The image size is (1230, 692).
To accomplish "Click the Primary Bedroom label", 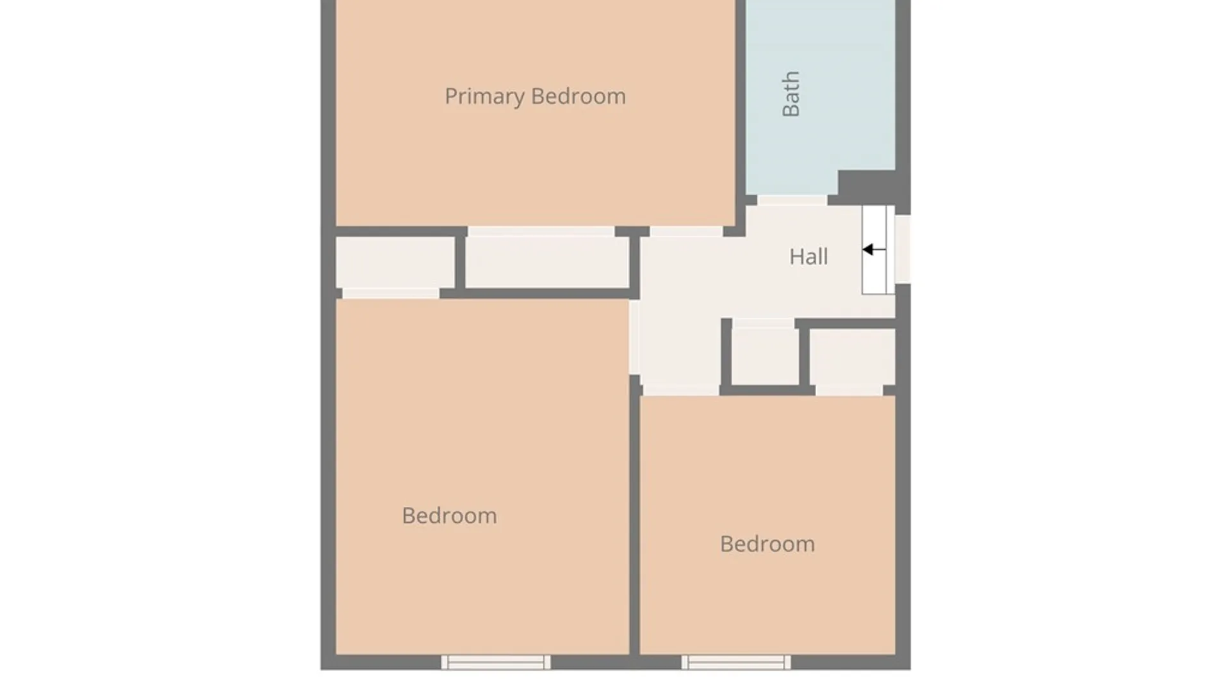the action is pos(535,97).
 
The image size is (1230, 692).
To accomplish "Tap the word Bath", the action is pos(791,94).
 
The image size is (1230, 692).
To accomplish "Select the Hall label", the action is pos(808,257).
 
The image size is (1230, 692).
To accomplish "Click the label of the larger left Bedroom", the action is pos(449,516).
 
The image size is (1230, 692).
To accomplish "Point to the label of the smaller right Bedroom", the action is pos(767,544).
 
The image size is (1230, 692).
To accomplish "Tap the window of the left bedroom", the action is pos(496,663).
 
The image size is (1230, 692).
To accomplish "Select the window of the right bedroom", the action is pos(736,663).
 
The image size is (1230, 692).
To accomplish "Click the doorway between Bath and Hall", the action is pos(792,200).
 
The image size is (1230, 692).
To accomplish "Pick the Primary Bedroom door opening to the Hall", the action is pos(687,231).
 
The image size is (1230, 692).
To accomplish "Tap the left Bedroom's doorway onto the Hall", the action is pos(634,338).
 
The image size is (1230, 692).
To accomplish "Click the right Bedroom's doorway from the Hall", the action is pos(680,390).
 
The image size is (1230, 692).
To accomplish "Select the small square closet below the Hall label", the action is pos(765,356).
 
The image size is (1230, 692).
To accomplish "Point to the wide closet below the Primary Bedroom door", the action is pos(547,262).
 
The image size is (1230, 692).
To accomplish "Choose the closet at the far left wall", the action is pos(395,262).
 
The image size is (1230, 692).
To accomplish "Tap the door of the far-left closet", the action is pos(391,293).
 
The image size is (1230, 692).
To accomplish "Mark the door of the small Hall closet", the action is pos(764,324).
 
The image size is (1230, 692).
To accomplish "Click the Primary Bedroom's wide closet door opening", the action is pos(541,231).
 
